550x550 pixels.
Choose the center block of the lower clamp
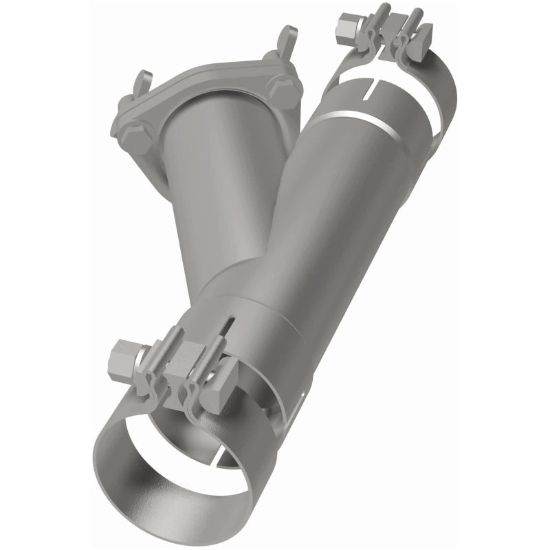click(180, 368)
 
